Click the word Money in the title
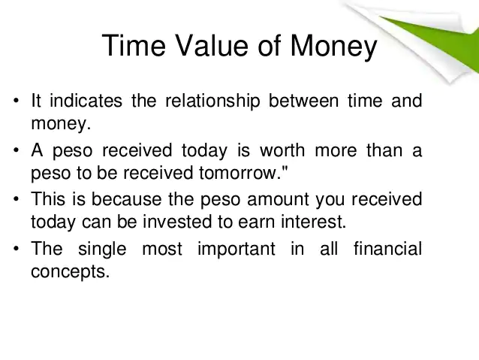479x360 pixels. point(333,47)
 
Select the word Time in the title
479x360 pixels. point(134,45)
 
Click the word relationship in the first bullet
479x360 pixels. point(212,101)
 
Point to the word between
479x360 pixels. point(303,100)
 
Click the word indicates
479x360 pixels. point(86,100)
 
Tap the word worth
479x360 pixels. point(282,150)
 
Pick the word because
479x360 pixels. point(126,199)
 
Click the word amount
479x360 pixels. point(278,199)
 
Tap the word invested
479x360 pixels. point(177,222)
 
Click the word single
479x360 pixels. point(102,250)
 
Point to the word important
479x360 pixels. point(236,250)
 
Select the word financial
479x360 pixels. point(387,248)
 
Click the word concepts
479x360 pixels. point(71,272)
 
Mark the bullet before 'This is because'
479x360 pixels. point(17,199)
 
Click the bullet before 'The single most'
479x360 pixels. point(17,248)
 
